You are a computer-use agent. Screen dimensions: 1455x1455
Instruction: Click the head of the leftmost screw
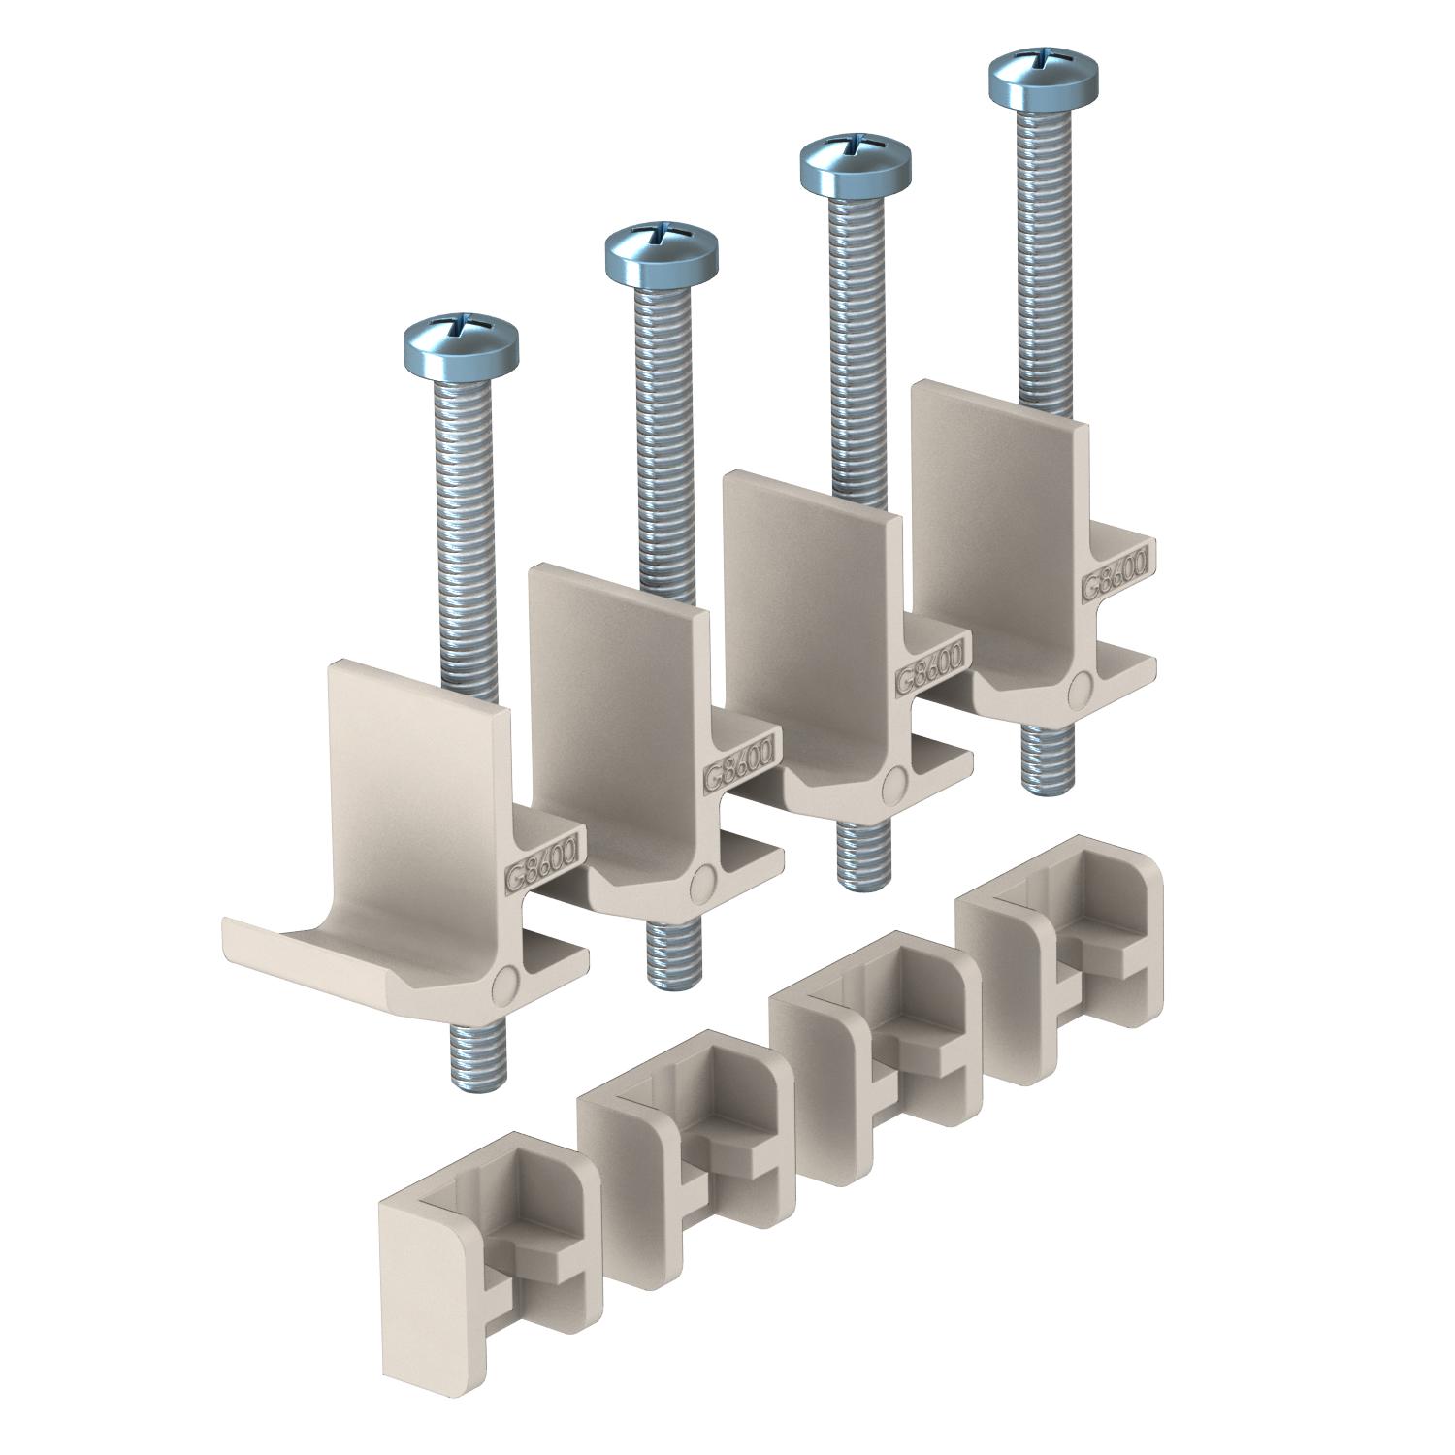(x=460, y=342)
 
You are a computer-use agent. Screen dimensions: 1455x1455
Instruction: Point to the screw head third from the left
(x=855, y=162)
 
